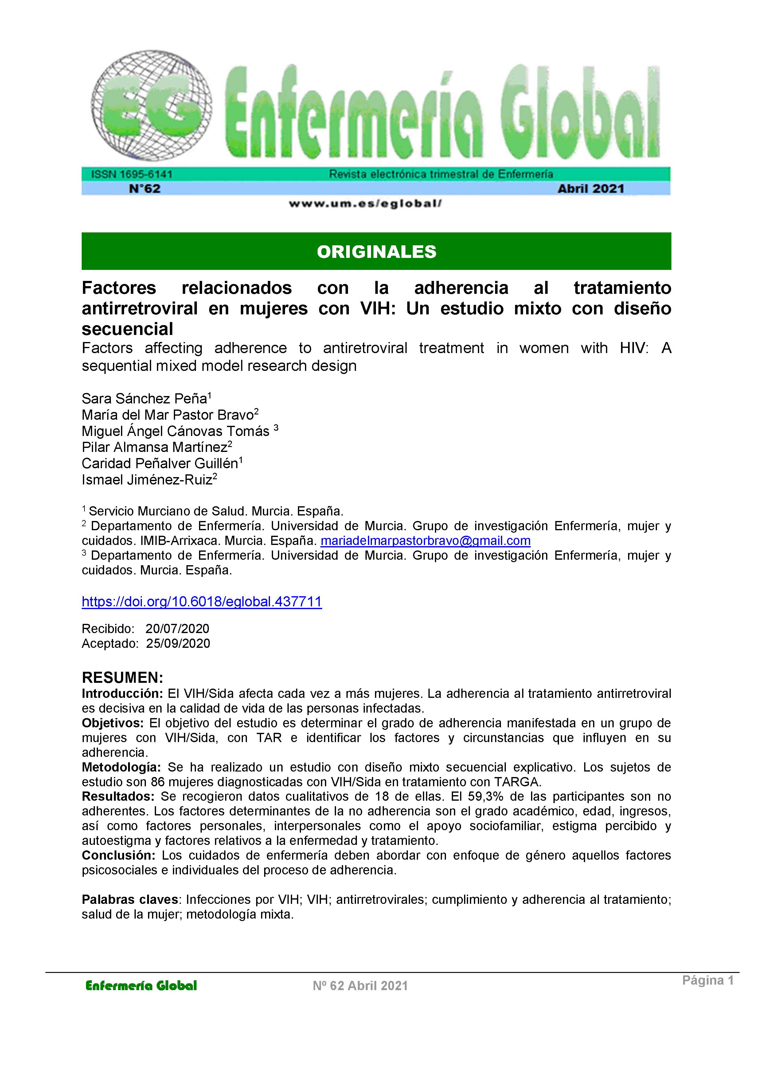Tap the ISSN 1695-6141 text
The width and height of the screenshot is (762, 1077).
pyautogui.click(x=132, y=174)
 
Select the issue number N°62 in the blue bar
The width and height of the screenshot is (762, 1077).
pyautogui.click(x=145, y=189)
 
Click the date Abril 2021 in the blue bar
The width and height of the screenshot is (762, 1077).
pyautogui.click(x=591, y=189)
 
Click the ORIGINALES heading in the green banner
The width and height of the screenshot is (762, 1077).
pyautogui.click(x=376, y=252)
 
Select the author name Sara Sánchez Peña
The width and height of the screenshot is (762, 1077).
pyautogui.click(x=145, y=399)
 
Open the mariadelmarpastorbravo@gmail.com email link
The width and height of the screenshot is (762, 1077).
pyautogui.click(x=425, y=541)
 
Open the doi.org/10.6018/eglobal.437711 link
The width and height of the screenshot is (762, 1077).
pyautogui.click(x=202, y=602)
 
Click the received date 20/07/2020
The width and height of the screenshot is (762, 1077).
pyautogui.click(x=177, y=628)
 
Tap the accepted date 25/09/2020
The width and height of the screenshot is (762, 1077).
pyautogui.click(x=178, y=643)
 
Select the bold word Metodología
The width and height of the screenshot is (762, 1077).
pyautogui.click(x=121, y=767)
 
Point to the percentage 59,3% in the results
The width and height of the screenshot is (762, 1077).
pyautogui.click(x=486, y=796)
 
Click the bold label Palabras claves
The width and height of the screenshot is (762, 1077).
pyautogui.click(x=130, y=899)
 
